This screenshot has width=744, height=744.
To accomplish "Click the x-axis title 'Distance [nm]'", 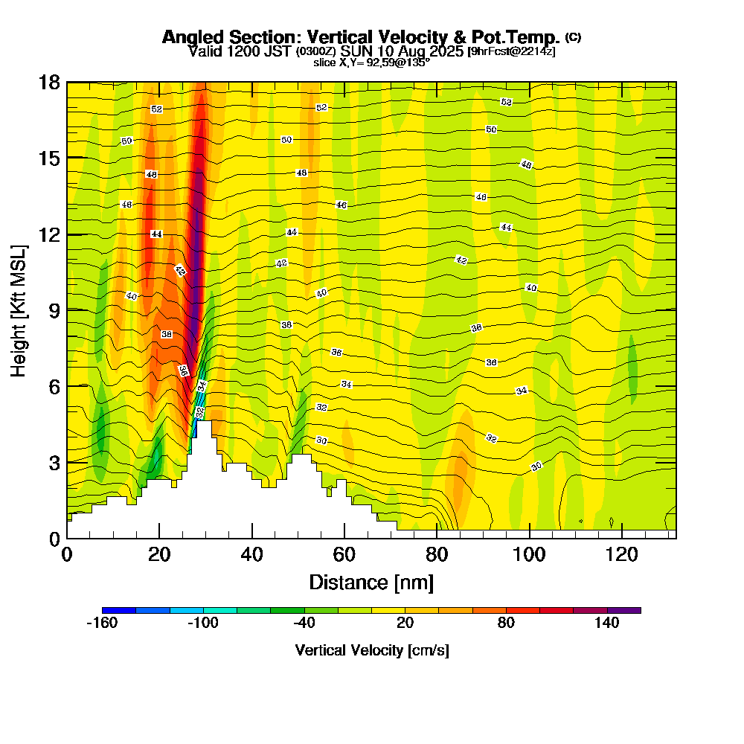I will [371, 581].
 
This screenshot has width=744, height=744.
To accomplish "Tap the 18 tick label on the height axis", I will [49, 82].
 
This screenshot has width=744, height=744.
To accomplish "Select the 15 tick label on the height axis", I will [49, 158].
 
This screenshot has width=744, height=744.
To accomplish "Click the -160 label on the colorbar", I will [102, 623].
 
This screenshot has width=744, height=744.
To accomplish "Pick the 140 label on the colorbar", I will [607, 623].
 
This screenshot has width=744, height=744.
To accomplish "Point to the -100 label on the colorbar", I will [202, 623].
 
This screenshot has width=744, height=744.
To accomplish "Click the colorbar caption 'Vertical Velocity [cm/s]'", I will [371, 650].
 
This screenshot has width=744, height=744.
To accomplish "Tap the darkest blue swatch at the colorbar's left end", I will [119, 610].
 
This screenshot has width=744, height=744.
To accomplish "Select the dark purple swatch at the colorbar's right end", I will [623, 610].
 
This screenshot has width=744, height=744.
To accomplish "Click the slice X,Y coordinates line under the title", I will [371, 62].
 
